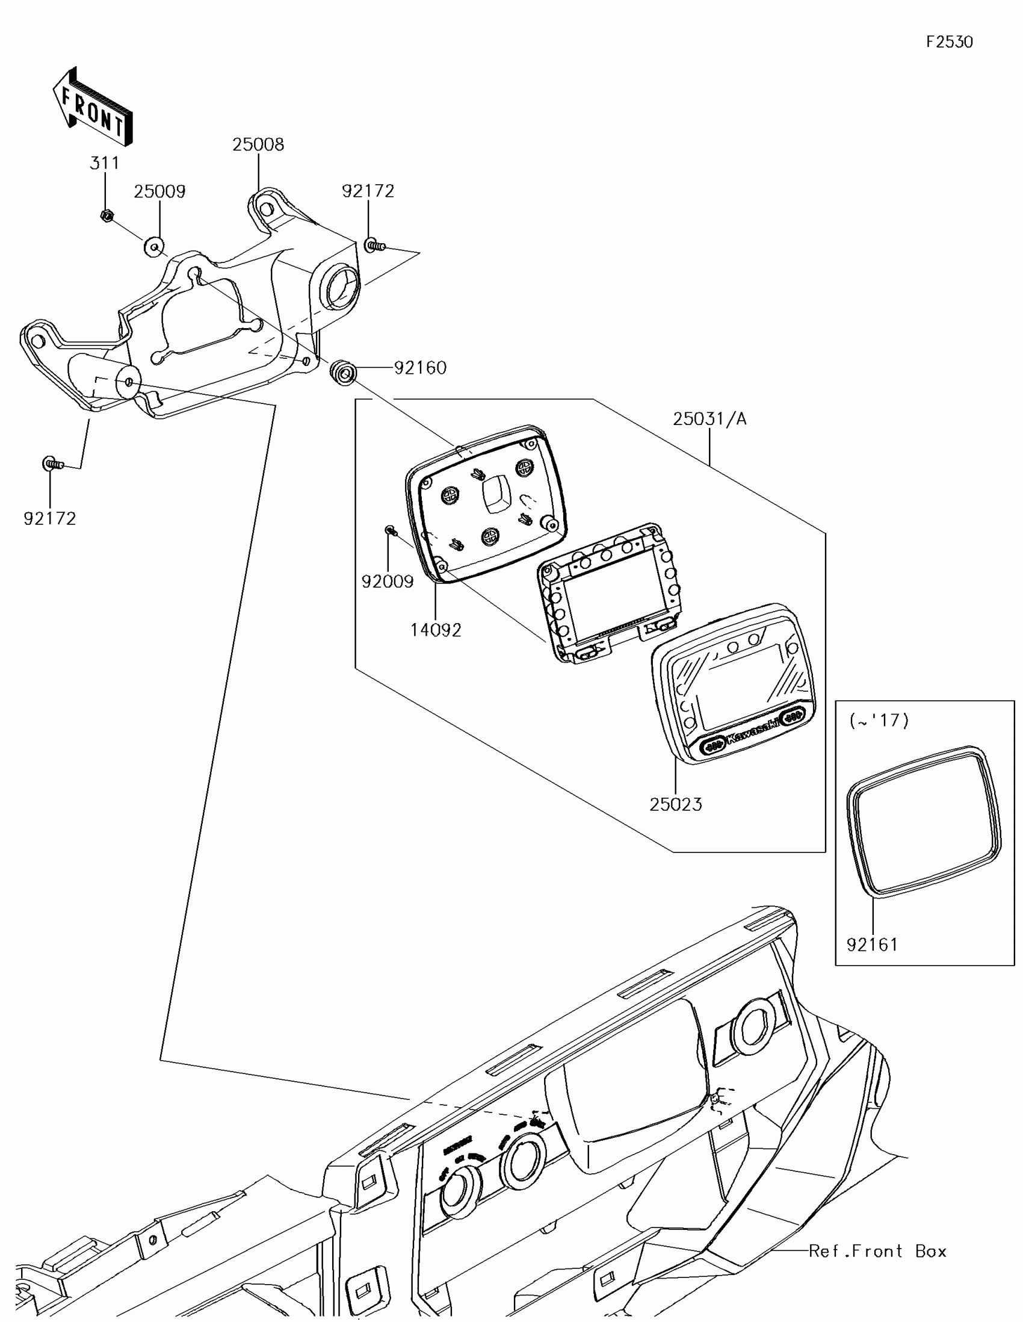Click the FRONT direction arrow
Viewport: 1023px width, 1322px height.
click(93, 107)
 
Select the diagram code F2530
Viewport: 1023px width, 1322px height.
click(949, 42)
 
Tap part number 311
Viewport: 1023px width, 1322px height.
click(105, 163)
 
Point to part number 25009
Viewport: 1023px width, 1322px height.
click(159, 191)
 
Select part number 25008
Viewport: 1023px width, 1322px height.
click(258, 144)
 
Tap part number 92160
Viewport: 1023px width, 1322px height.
click(420, 367)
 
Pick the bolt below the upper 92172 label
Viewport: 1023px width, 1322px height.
click(373, 245)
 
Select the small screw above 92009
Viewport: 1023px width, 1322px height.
click(390, 530)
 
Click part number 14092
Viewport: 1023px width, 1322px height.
click(436, 630)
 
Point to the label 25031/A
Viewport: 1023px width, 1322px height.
click(709, 418)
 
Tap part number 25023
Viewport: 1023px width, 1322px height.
click(676, 804)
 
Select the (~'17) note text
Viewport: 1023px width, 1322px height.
click(879, 721)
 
